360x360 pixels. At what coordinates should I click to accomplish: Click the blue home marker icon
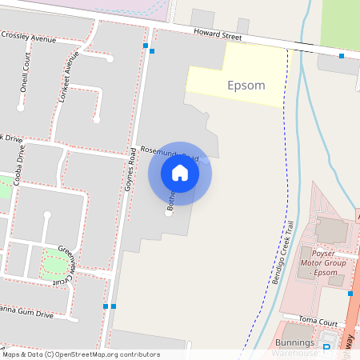coord(180,172)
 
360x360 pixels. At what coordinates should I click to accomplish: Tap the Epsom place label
coord(246,85)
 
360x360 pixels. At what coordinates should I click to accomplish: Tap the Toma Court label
coord(314,319)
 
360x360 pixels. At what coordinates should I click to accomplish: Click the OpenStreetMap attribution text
coord(80,354)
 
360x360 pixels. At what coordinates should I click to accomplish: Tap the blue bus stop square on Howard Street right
coord(342,56)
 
